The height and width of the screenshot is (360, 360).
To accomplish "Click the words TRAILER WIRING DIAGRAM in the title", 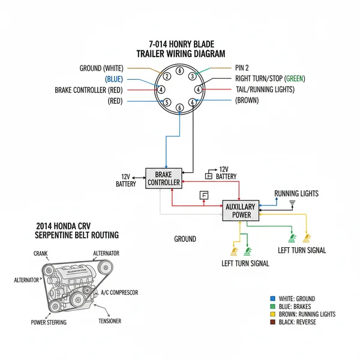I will [x=181, y=54].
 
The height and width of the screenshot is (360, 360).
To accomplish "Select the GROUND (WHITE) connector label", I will [x=105, y=68].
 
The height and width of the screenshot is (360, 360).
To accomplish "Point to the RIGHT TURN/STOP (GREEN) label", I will [x=271, y=79].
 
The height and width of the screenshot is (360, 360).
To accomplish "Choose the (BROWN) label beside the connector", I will [x=247, y=100].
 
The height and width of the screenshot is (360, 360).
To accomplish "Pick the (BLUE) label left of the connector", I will [x=113, y=79].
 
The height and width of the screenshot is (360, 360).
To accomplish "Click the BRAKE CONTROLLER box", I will [x=163, y=178].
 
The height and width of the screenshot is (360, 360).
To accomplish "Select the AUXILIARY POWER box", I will [x=239, y=211].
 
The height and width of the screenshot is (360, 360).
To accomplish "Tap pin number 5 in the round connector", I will [x=167, y=102].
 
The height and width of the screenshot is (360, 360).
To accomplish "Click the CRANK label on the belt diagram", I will [x=41, y=254].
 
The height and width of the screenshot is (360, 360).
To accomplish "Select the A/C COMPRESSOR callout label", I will [x=119, y=292].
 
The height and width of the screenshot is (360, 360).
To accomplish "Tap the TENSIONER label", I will [x=109, y=321].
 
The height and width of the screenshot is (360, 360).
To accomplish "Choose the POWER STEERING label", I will [x=49, y=322].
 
